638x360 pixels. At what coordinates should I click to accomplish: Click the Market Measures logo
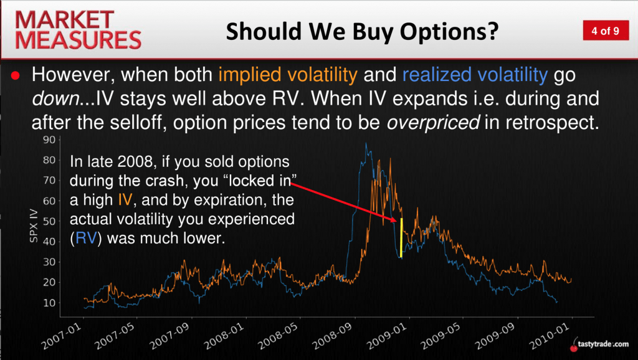coord(78,30)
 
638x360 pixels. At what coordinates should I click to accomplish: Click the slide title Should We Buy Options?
coord(362,31)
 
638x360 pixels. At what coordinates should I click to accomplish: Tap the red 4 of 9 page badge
coord(606,31)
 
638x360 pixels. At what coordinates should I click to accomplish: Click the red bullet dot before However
coord(16,75)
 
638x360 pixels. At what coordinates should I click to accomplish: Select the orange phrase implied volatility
coord(288,75)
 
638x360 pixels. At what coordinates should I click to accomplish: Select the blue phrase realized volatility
coord(475,75)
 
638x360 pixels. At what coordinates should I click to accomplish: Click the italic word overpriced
coord(433,123)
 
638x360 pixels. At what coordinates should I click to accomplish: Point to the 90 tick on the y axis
coord(49,140)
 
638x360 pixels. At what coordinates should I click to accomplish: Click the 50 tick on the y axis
coord(49,221)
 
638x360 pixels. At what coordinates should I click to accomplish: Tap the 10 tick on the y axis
coord(49,303)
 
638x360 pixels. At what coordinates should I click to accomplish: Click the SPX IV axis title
coord(34,225)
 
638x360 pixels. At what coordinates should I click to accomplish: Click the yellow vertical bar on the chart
coord(402,238)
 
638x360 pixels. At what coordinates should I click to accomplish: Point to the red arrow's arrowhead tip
coord(396,222)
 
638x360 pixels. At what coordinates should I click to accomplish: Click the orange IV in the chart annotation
coord(125,200)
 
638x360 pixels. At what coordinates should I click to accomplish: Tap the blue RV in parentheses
coord(86,237)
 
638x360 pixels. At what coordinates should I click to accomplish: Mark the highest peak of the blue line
coord(366,143)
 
